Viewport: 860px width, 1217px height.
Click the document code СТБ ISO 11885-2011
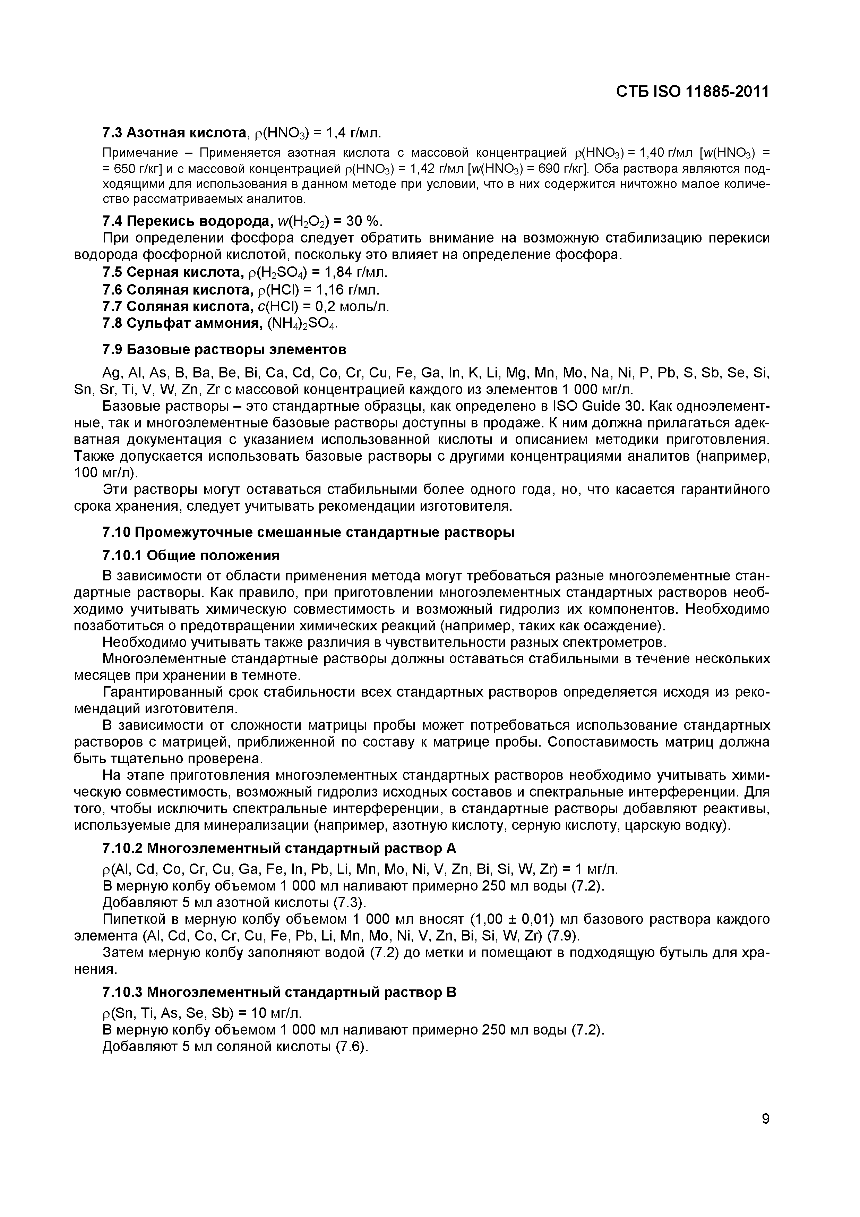(x=692, y=92)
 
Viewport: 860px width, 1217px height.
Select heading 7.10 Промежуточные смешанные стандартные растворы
(x=308, y=533)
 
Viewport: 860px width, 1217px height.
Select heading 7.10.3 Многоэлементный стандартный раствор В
(x=279, y=992)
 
